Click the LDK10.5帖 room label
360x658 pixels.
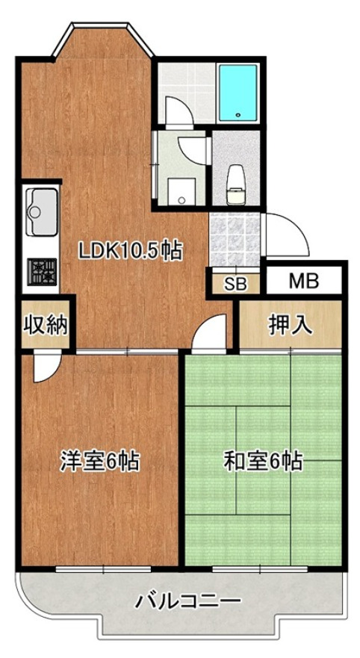(x=131, y=252)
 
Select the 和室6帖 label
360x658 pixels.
(x=263, y=461)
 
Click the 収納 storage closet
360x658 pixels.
(x=45, y=325)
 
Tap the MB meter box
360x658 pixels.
(x=304, y=281)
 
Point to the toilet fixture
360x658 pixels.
(x=236, y=177)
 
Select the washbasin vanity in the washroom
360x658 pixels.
(x=179, y=190)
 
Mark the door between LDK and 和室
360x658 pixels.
(x=211, y=333)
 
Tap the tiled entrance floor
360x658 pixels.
(x=233, y=239)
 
